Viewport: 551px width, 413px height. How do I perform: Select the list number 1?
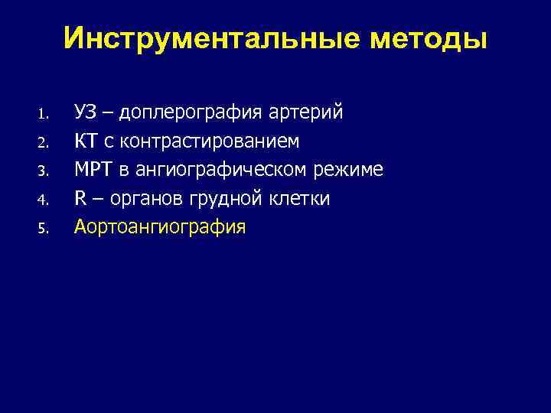click(x=44, y=115)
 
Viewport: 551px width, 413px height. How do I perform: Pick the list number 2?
click(x=44, y=143)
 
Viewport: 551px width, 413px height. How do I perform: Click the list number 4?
click(x=44, y=200)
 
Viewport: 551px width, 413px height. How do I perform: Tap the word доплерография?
click(x=190, y=114)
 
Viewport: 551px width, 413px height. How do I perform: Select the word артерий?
click(x=306, y=114)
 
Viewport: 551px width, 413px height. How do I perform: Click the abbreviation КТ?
click(x=84, y=141)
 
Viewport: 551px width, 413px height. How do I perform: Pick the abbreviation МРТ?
click(x=92, y=170)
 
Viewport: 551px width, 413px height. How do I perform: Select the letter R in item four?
click(x=80, y=199)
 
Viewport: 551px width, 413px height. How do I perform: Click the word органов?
click(x=143, y=200)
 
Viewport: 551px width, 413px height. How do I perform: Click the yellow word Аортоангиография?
click(x=160, y=227)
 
